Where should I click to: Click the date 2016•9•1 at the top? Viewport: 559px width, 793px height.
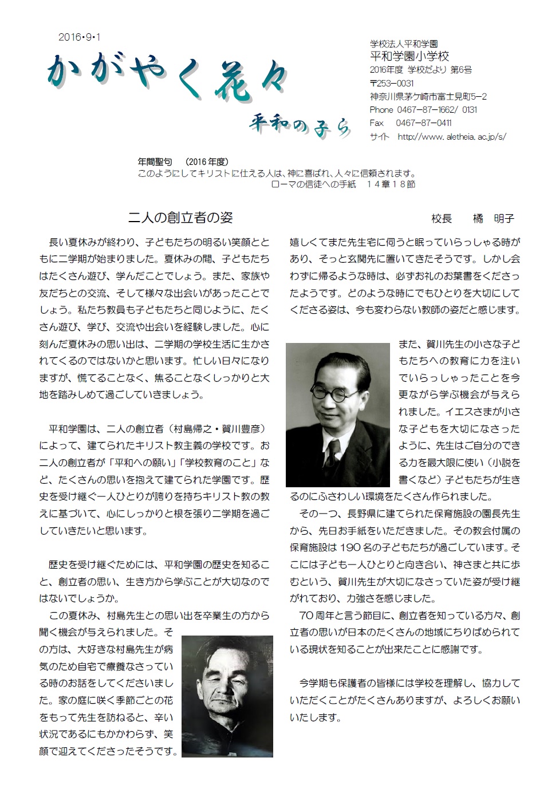[79, 37]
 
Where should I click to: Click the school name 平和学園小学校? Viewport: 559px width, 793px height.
[410, 56]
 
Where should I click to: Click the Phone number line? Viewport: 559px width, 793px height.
[423, 109]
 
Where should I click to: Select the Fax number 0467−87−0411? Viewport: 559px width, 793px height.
[424, 123]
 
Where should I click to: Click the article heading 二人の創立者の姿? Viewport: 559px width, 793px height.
[180, 218]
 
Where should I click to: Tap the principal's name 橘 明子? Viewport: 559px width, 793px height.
[493, 218]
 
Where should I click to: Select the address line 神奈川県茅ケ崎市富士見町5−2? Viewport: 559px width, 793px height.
[428, 96]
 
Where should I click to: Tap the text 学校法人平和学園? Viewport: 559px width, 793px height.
[404, 44]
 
